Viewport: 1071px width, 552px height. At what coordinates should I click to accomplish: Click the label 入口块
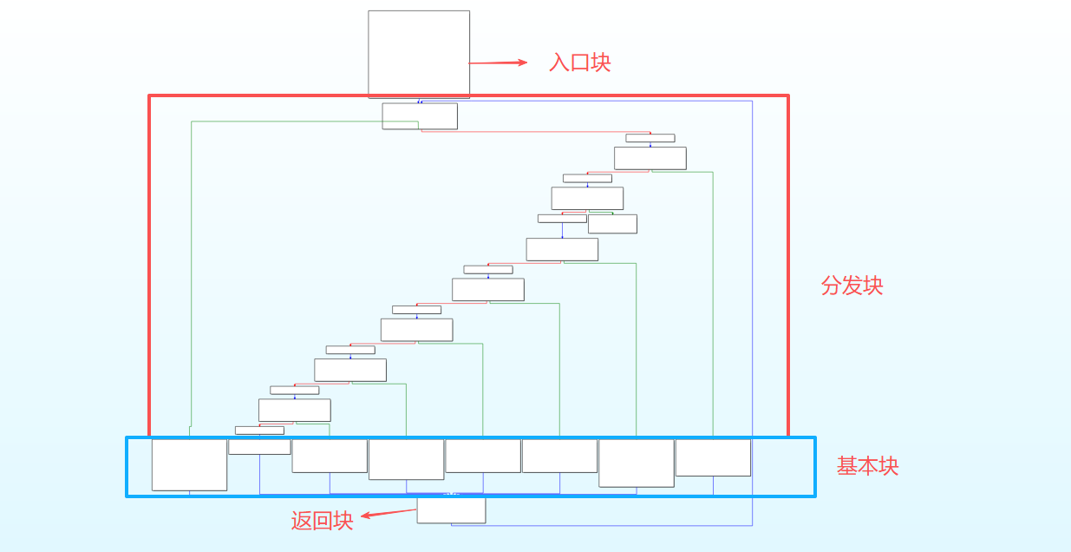click(579, 62)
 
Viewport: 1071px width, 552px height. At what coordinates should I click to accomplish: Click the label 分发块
click(852, 286)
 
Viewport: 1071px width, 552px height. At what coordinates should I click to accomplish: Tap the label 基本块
click(867, 466)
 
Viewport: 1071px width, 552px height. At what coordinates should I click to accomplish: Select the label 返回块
click(322, 521)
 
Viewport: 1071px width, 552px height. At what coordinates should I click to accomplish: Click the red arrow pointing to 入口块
click(498, 62)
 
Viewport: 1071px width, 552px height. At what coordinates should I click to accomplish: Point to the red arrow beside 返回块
click(388, 513)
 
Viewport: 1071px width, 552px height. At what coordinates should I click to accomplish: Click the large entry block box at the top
click(419, 54)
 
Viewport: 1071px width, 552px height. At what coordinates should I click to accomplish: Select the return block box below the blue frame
click(451, 510)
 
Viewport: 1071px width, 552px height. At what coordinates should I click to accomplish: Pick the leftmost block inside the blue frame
click(189, 464)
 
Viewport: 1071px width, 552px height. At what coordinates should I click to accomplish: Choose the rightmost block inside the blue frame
click(713, 457)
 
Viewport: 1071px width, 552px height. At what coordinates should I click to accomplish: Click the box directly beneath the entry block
click(420, 116)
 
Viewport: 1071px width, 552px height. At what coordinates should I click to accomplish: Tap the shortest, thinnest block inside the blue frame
click(259, 446)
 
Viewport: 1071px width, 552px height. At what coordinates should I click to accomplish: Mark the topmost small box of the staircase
click(650, 138)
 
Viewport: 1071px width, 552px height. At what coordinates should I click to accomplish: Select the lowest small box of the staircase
click(259, 430)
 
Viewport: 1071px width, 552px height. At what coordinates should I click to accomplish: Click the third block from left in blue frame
click(330, 456)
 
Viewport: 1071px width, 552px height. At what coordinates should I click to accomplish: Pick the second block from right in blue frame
click(637, 463)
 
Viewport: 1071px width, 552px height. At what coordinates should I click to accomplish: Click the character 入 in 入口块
click(559, 62)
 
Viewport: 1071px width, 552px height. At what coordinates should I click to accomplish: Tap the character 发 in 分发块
click(852, 286)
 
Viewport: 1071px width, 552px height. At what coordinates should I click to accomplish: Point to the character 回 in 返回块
click(322, 521)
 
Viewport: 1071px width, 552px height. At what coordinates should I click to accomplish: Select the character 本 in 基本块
click(867, 466)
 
